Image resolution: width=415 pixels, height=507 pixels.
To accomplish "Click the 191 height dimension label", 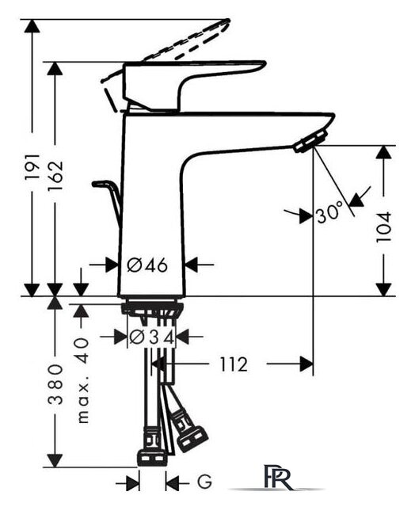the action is click(x=32, y=167).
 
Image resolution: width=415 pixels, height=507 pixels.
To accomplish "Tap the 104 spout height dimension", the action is click(x=384, y=227).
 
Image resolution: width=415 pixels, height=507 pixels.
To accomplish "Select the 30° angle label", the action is click(x=329, y=212).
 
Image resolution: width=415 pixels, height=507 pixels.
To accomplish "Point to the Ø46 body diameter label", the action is click(x=147, y=265).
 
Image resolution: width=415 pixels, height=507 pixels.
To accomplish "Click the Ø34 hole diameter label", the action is click(x=152, y=337).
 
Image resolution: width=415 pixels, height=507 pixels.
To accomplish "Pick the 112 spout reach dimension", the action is click(x=234, y=364).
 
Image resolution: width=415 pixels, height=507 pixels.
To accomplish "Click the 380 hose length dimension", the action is click(x=55, y=384).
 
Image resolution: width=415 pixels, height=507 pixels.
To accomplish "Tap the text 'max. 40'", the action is click(x=83, y=380).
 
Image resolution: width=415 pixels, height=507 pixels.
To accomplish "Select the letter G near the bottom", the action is click(x=204, y=482).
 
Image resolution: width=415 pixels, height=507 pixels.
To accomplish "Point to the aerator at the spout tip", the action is click(x=310, y=141).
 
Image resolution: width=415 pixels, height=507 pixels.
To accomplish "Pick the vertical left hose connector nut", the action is click(x=152, y=447).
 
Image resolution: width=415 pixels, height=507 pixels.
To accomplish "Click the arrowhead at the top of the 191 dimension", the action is click(x=32, y=26).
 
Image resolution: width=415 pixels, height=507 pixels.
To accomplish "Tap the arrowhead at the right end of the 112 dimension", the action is click(x=306, y=364).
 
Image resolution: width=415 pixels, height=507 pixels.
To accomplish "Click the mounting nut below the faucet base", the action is click(x=152, y=308).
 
